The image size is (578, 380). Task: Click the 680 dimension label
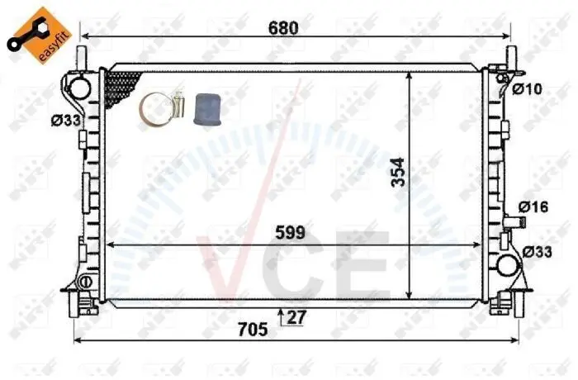click(x=283, y=27)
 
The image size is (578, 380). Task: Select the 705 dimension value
click(x=253, y=330)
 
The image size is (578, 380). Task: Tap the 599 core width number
click(x=291, y=232)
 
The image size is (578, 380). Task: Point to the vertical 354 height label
click(x=399, y=173)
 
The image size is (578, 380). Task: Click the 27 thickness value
click(x=296, y=317)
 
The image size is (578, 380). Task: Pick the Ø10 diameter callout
click(x=528, y=88)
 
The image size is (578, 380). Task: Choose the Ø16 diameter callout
click(x=533, y=207)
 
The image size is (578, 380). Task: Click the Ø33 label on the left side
click(x=65, y=121)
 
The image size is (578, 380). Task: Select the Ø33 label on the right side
click(x=538, y=252)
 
